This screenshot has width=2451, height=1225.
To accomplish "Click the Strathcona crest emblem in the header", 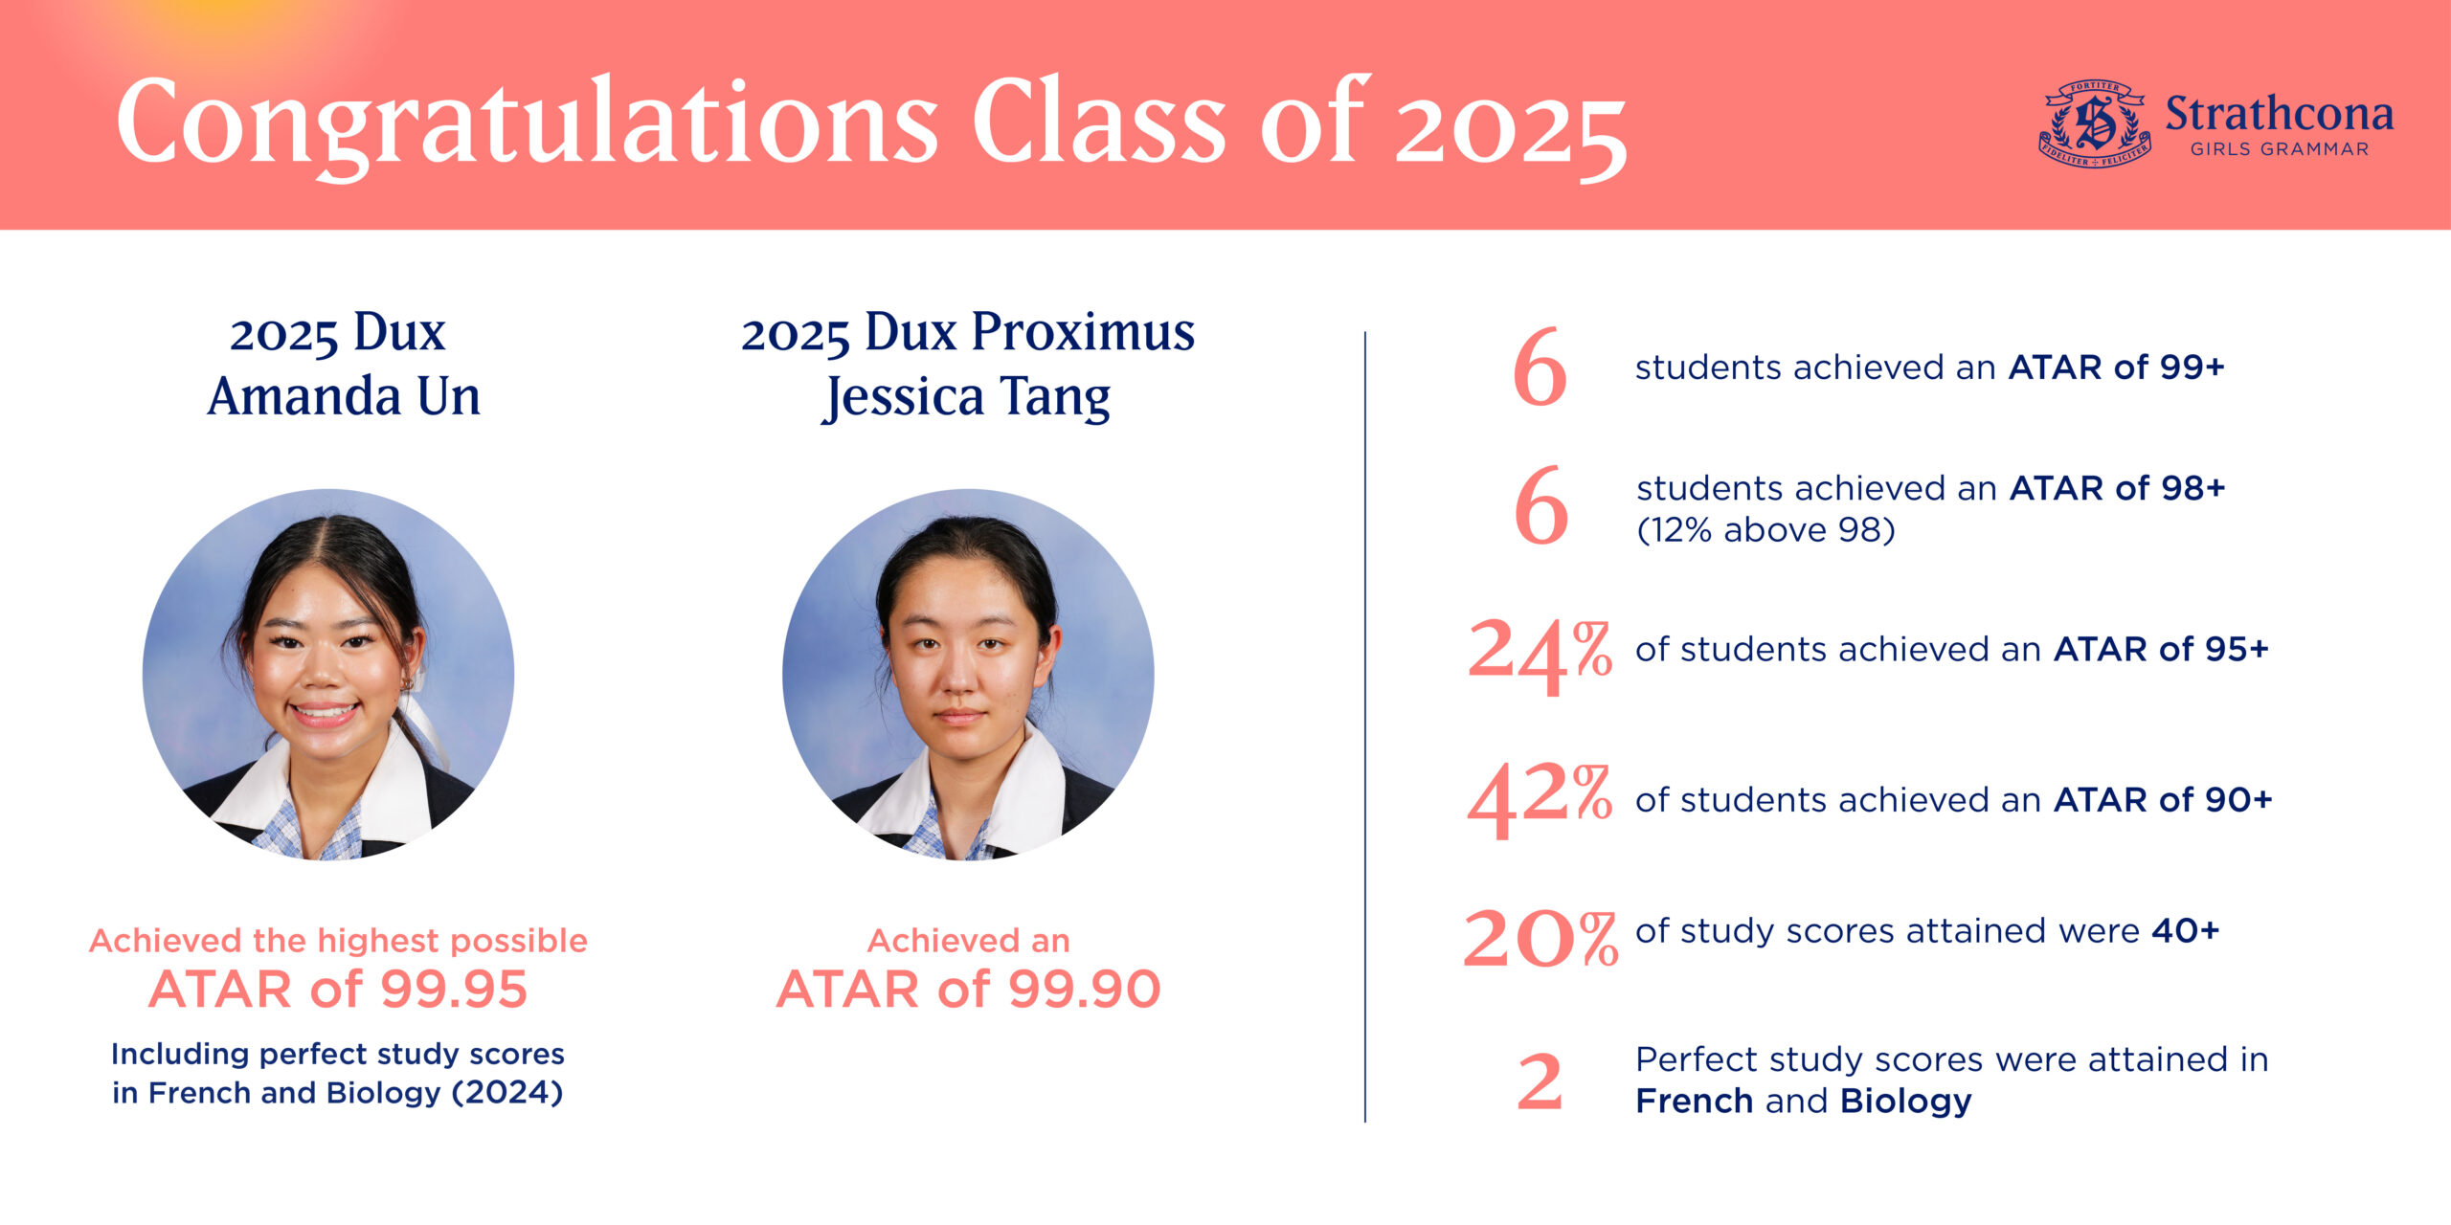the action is click(x=2095, y=123).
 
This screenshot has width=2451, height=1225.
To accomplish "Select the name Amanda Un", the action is click(x=344, y=396).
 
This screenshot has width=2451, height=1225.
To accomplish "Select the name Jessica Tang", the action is click(x=968, y=397).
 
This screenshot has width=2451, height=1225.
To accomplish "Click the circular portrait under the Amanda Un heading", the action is click(x=328, y=675).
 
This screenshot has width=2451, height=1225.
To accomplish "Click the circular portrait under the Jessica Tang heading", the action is click(x=968, y=675).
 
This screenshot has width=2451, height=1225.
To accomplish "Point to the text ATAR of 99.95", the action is click(x=338, y=989).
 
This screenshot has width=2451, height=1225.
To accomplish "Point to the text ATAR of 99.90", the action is click(x=968, y=989).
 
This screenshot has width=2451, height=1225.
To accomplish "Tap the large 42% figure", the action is click(x=1540, y=801).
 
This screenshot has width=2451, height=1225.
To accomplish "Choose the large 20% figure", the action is click(x=1540, y=937).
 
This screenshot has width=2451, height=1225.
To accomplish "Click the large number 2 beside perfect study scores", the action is click(x=1540, y=1081).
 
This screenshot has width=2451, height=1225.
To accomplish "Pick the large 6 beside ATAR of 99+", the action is click(x=1540, y=367).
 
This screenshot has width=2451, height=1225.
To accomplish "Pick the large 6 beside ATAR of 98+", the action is click(x=1541, y=504).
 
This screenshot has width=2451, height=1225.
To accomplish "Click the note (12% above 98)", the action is click(x=1765, y=529).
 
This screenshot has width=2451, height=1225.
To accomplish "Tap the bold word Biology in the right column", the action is click(x=1905, y=1102).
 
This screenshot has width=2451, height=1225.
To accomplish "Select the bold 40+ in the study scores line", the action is click(x=2185, y=930).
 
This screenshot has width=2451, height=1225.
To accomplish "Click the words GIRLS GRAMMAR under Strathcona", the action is click(x=2279, y=149).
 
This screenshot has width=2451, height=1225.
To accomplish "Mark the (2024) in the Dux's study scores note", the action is click(x=506, y=1093).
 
